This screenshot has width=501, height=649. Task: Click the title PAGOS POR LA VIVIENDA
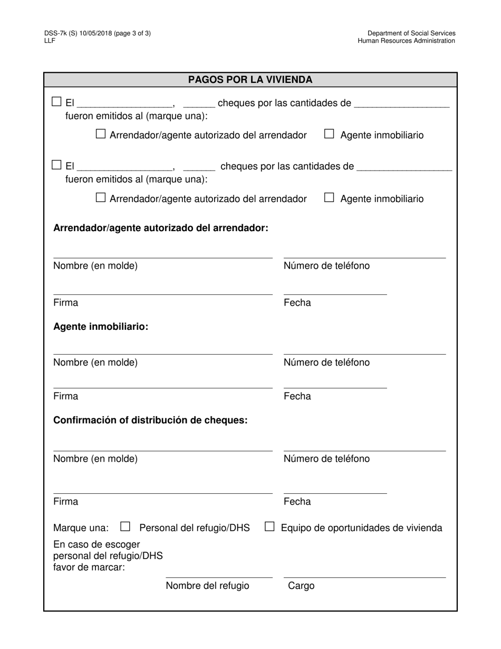click(x=250, y=80)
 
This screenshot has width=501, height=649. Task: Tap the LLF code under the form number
click(x=50, y=41)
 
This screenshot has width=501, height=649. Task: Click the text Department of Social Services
click(x=411, y=33)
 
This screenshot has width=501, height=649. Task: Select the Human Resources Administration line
click(x=406, y=41)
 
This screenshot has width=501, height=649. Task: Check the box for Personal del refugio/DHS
click(x=125, y=527)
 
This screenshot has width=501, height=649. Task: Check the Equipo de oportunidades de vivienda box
click(x=269, y=527)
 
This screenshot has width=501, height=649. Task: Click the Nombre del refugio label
click(x=207, y=586)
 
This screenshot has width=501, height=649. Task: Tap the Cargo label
click(x=301, y=586)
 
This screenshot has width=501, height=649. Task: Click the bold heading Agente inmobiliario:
click(x=101, y=327)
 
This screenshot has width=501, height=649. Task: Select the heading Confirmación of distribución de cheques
click(x=150, y=421)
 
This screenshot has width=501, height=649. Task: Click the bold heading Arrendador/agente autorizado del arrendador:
click(x=161, y=228)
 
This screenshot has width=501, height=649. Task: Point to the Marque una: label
click(x=81, y=528)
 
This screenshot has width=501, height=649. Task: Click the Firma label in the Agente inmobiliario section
click(x=65, y=396)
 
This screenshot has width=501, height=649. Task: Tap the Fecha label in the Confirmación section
click(x=297, y=501)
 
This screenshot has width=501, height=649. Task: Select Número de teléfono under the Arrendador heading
click(x=326, y=265)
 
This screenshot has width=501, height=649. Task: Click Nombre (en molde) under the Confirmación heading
click(x=95, y=459)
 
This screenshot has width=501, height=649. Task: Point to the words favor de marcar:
click(x=89, y=568)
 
